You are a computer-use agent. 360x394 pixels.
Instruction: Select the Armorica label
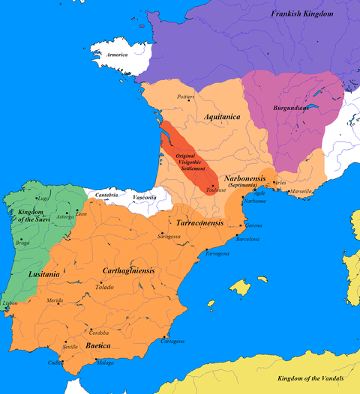point(115,55)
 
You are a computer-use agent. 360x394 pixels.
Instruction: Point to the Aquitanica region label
point(224,117)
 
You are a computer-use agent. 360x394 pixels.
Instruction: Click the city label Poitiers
point(185,97)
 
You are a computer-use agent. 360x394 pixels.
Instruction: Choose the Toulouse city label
point(217,191)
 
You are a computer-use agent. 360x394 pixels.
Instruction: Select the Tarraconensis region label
point(199,223)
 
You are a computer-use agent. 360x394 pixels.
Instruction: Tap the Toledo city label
point(105,287)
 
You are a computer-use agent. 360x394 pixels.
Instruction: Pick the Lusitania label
point(44,275)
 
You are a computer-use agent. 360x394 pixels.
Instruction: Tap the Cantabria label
point(107,195)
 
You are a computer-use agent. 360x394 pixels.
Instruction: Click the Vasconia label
point(143,197)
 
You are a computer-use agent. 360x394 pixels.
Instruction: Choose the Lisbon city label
point(10,303)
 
